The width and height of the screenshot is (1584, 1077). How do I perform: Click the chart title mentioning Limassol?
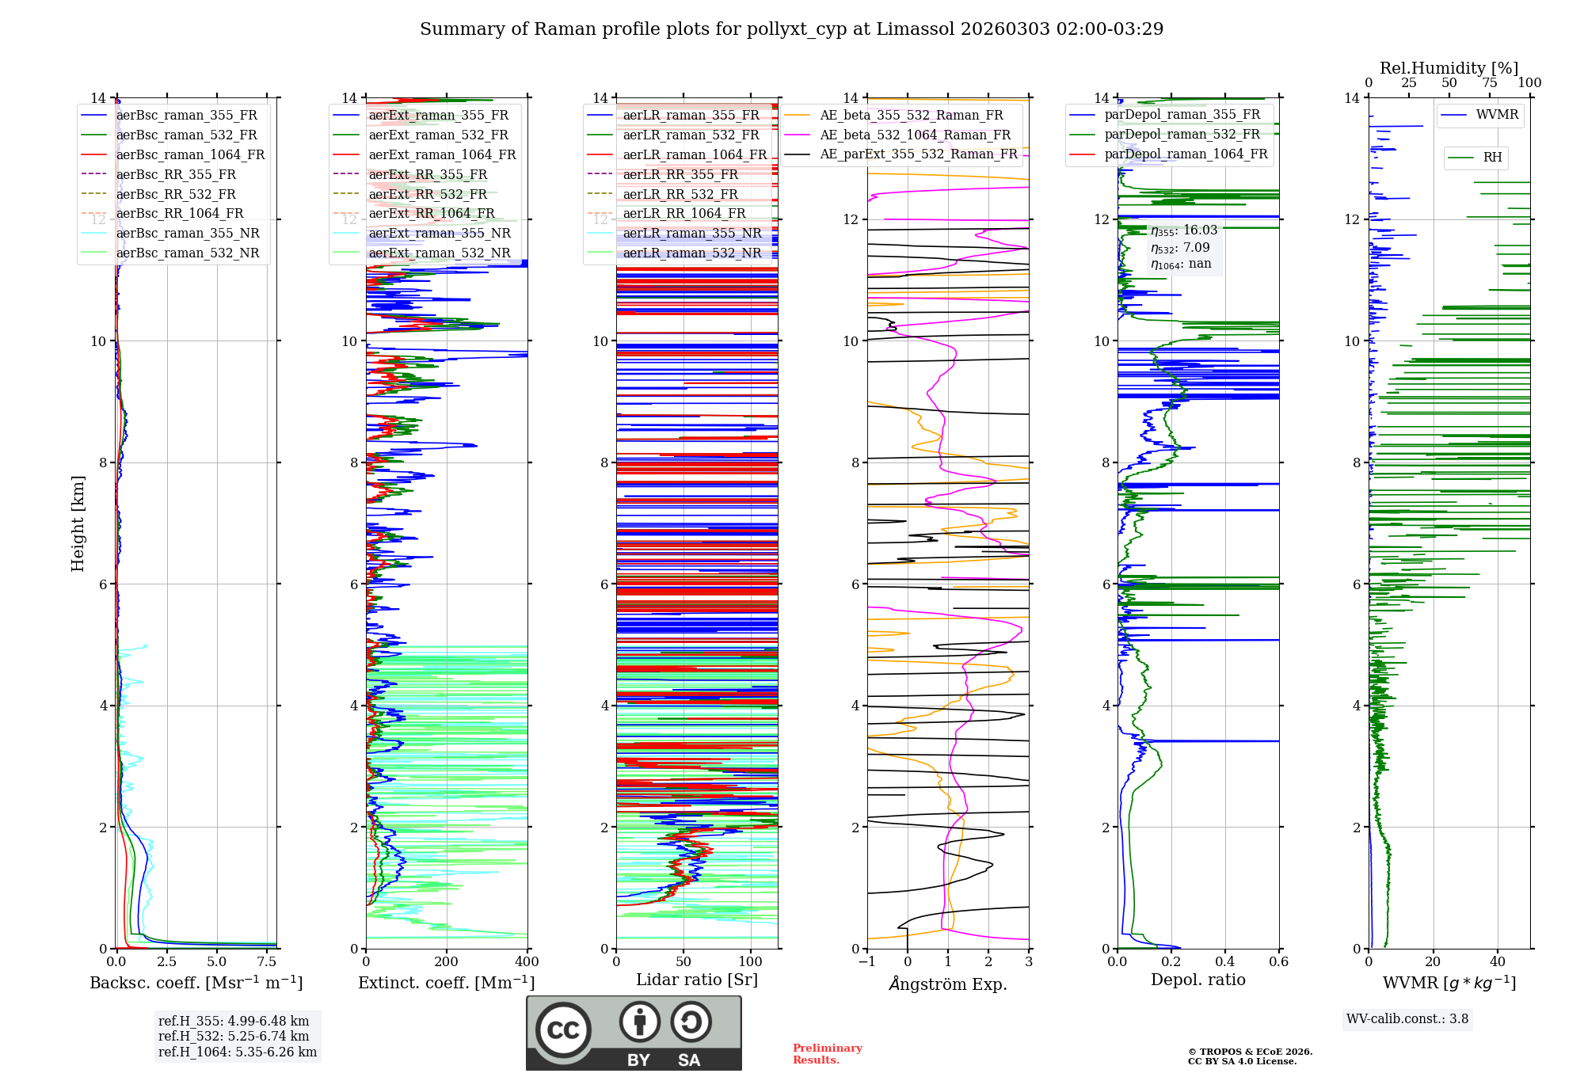(791, 29)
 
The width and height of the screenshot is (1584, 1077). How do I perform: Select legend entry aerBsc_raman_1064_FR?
(190, 155)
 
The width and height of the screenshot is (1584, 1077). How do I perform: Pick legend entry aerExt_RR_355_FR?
(428, 175)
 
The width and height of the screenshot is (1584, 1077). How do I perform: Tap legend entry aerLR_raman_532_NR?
(691, 253)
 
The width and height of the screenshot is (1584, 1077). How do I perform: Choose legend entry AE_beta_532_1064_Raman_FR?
(915, 135)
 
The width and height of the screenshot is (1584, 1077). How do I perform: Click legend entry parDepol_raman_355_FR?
(1182, 115)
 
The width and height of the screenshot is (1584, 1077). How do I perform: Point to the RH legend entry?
(1492, 158)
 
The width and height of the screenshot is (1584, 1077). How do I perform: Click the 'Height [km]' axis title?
(78, 523)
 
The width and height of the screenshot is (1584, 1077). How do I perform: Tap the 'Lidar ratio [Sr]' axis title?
(697, 980)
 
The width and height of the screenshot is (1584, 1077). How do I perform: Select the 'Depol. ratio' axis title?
(1198, 980)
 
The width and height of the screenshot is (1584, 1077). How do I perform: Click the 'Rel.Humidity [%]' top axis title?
(1449, 68)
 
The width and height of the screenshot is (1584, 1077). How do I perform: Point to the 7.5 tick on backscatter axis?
(267, 962)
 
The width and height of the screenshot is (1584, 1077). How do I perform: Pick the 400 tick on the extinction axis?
(527, 962)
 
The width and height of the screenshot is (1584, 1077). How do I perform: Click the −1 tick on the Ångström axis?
(867, 962)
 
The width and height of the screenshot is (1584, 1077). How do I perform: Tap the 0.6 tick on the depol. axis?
(1278, 962)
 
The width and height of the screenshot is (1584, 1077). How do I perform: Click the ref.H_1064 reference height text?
(238, 1052)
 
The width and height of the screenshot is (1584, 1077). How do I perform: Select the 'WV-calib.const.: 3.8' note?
(1407, 1019)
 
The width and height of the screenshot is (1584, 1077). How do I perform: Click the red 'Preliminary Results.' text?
(827, 1054)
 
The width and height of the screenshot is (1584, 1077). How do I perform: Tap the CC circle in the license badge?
(563, 1030)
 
